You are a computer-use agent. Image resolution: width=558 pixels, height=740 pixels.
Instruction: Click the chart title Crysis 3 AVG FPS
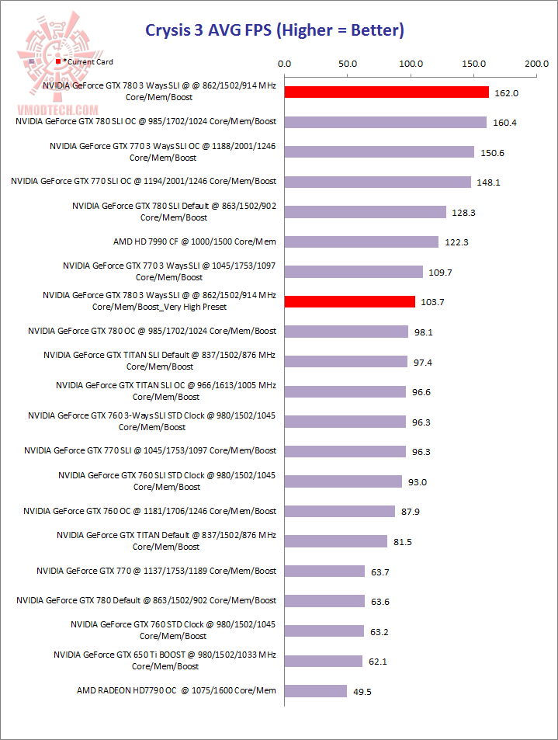pyautogui.click(x=275, y=31)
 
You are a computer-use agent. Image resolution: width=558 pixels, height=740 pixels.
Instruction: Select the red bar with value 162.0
pyautogui.click(x=386, y=92)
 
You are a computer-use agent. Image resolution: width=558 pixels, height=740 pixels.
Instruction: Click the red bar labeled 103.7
pyautogui.click(x=350, y=301)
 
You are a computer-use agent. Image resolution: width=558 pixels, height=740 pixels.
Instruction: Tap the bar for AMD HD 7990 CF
pyautogui.click(x=362, y=241)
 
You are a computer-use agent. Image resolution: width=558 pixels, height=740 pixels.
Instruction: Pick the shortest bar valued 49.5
pyautogui.click(x=316, y=690)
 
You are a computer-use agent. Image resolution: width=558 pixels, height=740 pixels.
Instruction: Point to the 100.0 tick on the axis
pyautogui.click(x=410, y=64)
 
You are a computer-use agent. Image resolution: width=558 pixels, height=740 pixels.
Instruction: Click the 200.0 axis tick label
pyautogui.click(x=535, y=64)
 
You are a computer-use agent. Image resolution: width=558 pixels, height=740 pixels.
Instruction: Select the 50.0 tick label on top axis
pyautogui.click(x=347, y=64)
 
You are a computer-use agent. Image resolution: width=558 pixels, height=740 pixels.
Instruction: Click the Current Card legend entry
pyautogui.click(x=87, y=61)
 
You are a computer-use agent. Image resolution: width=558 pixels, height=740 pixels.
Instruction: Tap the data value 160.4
pyautogui.click(x=504, y=123)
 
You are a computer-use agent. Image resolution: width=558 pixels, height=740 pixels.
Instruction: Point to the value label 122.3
pyautogui.click(x=456, y=242)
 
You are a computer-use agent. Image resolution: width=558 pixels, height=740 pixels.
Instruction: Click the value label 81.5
pyautogui.click(x=404, y=541)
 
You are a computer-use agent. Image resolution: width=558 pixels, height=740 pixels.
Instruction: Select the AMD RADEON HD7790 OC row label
pyautogui.click(x=176, y=690)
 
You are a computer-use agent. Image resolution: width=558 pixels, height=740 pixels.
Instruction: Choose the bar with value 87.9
pyautogui.click(x=340, y=511)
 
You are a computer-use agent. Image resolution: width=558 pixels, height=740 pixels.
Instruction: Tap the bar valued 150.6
pyautogui.click(x=380, y=152)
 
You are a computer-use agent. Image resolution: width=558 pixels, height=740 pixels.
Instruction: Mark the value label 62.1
pyautogui.click(x=380, y=661)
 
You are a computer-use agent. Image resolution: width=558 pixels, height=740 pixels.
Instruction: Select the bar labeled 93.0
pyautogui.click(x=343, y=481)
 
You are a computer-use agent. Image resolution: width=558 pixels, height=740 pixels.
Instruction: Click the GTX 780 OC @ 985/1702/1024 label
pyautogui.click(x=152, y=331)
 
